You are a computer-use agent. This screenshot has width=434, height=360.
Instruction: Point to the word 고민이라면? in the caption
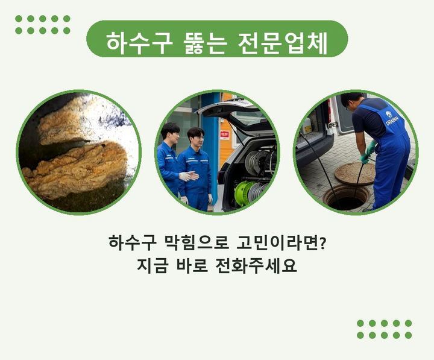[281, 243]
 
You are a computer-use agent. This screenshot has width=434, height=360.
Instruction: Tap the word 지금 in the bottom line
[153, 266]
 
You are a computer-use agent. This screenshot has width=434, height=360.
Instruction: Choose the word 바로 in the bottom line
[192, 266]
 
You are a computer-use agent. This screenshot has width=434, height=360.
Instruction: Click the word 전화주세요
[256, 266]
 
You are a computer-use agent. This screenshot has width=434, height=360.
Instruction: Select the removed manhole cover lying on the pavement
[355, 173]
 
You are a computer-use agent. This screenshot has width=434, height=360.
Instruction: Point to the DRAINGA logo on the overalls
[391, 118]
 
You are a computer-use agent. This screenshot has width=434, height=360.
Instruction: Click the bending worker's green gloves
[368, 153]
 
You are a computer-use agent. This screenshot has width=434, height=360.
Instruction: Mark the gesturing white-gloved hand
[189, 176]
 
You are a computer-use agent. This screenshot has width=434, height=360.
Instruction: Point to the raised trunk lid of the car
[227, 109]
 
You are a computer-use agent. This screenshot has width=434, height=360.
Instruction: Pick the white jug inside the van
[307, 125]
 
